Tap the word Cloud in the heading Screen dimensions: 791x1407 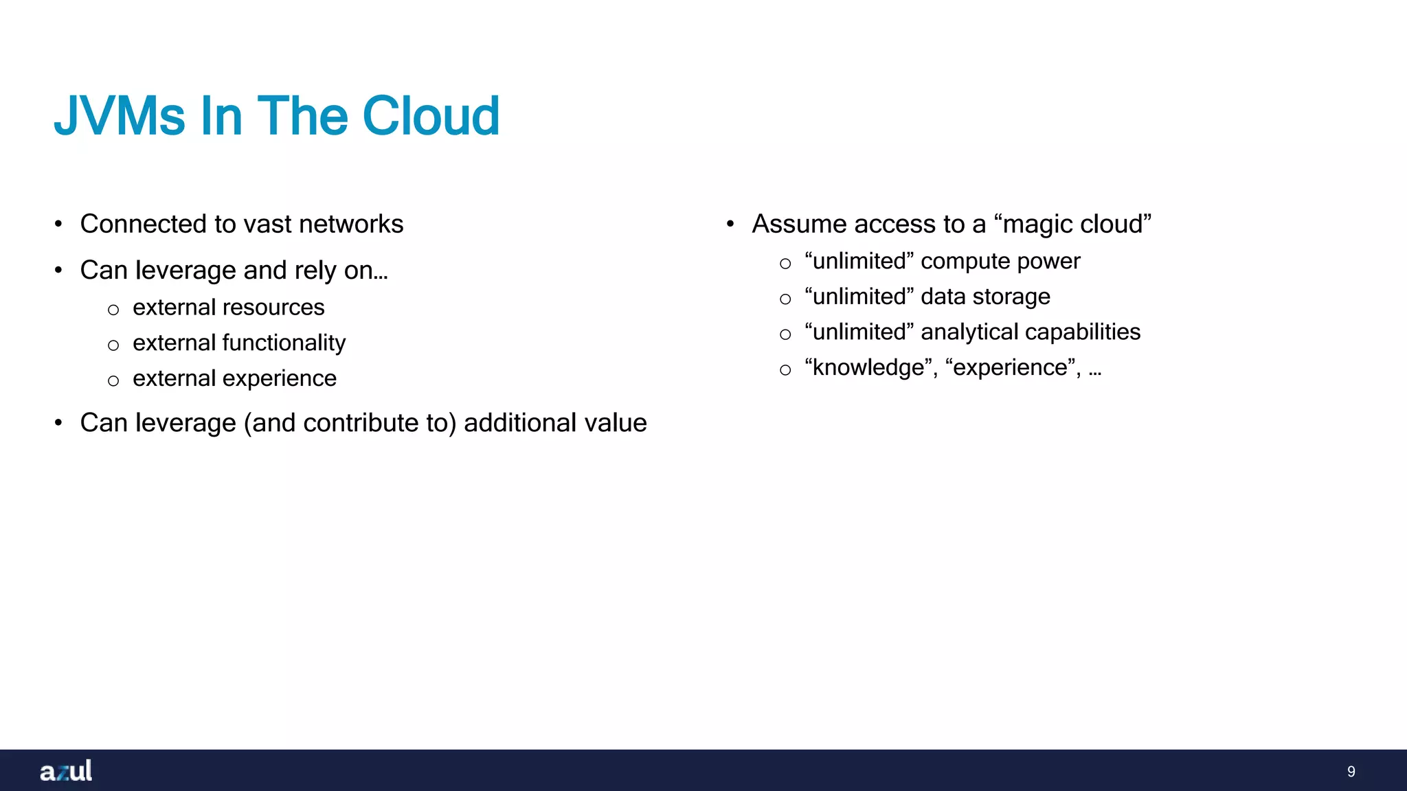click(430, 116)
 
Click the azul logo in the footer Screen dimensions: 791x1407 click(66, 771)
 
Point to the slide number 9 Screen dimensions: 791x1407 click(1351, 772)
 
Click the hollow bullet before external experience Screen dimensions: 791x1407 click(113, 381)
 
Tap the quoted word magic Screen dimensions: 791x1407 click(1037, 225)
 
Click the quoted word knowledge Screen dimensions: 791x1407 click(868, 368)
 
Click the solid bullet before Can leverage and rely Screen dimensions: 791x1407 click(59, 271)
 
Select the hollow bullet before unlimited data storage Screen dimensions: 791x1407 click(785, 299)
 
